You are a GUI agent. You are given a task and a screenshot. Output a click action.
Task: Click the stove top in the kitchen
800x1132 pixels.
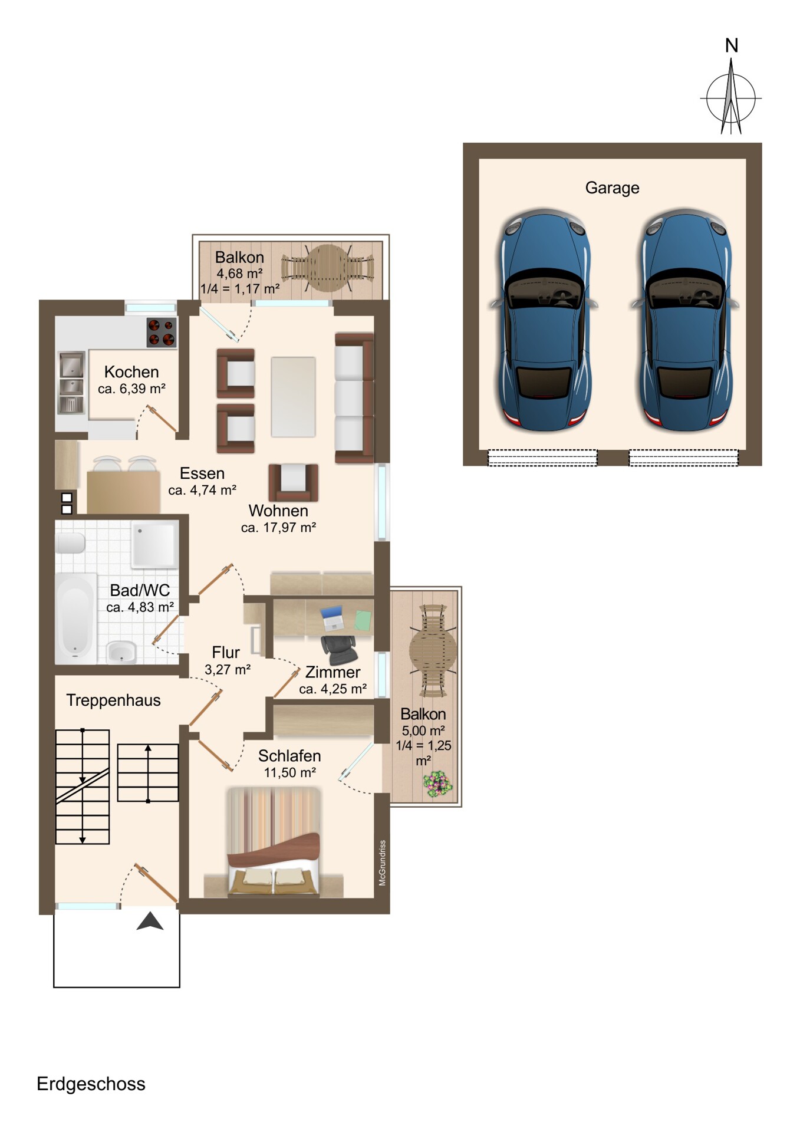(162, 333)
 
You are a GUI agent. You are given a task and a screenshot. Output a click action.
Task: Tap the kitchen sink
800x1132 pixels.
(72, 383)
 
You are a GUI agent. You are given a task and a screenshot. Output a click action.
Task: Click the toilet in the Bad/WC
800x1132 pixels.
(70, 543)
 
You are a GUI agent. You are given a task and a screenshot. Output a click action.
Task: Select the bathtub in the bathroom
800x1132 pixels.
(75, 618)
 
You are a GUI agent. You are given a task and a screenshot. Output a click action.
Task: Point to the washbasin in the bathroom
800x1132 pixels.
(121, 652)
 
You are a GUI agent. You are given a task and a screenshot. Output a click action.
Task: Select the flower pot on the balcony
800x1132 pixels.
(437, 785)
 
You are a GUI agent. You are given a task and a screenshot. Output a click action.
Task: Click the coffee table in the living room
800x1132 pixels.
(293, 397)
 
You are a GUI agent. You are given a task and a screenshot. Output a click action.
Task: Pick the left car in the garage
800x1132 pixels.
(544, 319)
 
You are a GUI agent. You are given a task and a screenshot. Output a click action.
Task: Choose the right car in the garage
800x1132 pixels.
(685, 319)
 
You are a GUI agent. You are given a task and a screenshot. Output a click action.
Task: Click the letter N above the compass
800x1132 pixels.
(732, 45)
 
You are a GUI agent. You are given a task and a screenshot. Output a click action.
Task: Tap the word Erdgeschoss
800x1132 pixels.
(91, 1084)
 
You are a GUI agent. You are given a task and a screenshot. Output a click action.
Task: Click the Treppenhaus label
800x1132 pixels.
(113, 700)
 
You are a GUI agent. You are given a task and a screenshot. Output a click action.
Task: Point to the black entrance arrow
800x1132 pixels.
(150, 921)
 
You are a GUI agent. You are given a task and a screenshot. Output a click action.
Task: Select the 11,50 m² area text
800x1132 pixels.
(289, 772)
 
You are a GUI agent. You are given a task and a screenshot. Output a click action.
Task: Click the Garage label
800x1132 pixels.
(612, 188)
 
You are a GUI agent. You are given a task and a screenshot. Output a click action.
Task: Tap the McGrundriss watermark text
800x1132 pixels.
(382, 863)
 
